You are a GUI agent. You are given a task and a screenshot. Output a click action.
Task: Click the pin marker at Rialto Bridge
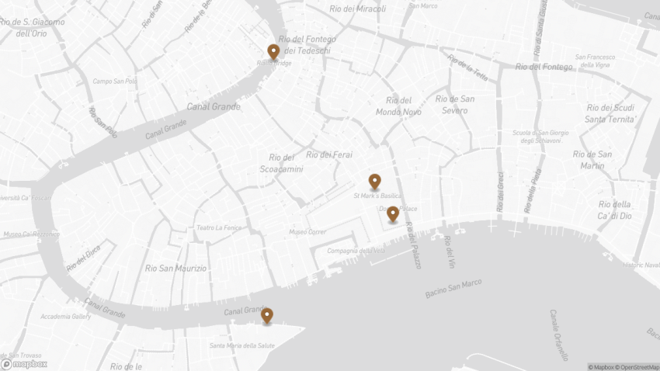(273, 52)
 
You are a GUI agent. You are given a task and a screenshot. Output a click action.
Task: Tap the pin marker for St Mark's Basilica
(375, 182)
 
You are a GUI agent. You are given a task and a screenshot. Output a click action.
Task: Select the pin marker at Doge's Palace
(394, 213)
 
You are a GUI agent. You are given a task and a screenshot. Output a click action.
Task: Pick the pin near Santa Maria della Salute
(267, 315)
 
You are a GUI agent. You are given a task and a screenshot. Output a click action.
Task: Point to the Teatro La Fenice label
(219, 227)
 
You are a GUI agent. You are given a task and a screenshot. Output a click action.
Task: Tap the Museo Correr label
(307, 231)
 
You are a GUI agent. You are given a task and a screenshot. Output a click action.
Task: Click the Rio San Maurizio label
(176, 269)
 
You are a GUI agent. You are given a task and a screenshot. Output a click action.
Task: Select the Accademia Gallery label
(66, 317)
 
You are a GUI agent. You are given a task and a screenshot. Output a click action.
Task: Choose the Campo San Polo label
(115, 81)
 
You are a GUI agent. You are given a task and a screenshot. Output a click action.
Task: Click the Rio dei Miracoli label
(357, 9)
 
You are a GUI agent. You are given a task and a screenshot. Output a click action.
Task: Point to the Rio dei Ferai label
(329, 154)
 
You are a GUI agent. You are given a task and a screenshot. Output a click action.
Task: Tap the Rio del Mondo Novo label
(399, 106)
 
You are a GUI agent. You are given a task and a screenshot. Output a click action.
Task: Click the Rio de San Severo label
(455, 104)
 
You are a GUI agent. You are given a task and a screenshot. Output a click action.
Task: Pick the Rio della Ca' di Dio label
(615, 210)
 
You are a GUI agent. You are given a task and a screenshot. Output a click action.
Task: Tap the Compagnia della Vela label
(356, 251)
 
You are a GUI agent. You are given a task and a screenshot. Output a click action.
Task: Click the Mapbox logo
(25, 363)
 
